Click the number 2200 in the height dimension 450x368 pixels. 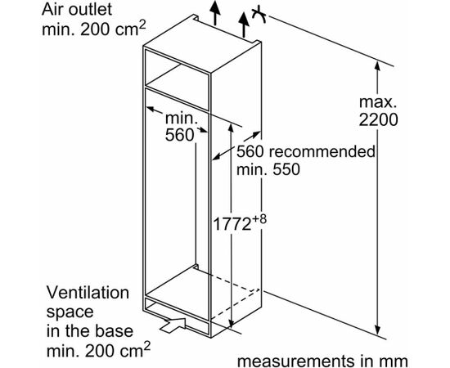coord(378,119)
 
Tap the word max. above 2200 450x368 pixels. coord(378,102)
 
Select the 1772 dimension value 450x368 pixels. coord(232,224)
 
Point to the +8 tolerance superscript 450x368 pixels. coord(259,219)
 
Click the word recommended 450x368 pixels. coord(322,151)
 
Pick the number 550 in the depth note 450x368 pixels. coord(286,169)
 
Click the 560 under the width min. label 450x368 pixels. coord(180,135)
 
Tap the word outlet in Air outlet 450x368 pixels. coord(89,10)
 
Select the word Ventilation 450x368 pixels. coord(88,293)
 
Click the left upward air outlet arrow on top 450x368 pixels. coord(214,12)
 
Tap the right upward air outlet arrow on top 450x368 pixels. coord(244,25)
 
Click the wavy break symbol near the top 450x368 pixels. coord(259,14)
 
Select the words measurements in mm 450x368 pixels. coord(322,361)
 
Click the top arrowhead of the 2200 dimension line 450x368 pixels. coord(377,66)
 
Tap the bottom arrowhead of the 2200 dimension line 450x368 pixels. coord(378,330)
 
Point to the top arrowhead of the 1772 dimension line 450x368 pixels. coord(230,128)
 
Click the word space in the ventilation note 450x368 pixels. coord(70,312)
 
